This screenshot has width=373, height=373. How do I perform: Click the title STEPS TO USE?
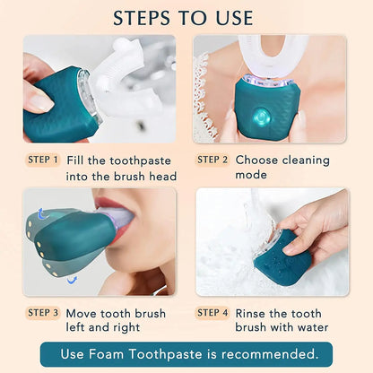186,17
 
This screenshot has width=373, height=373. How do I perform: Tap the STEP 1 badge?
43,160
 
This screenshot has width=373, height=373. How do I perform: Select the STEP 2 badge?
213,160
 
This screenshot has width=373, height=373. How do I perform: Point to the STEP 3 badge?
43,313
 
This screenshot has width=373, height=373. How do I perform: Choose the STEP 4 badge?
213,313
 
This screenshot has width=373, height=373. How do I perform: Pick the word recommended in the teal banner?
268,354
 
